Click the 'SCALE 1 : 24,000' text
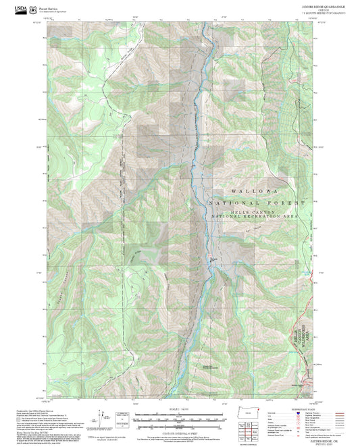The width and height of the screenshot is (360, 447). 174,409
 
